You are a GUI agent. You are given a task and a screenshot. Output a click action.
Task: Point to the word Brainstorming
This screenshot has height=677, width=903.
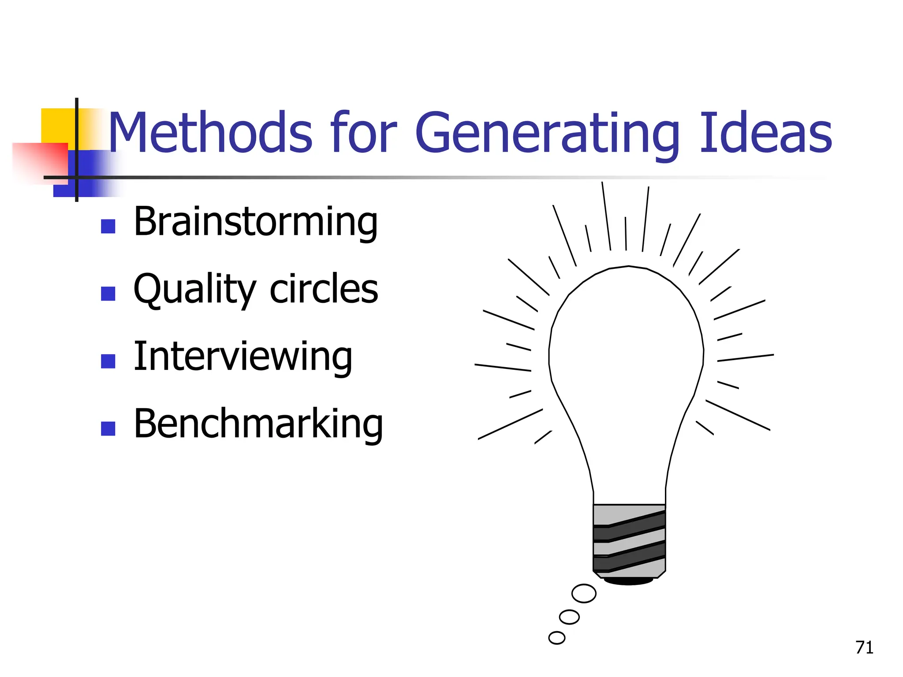[x=256, y=222]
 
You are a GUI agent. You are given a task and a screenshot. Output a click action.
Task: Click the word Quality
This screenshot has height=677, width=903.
[x=194, y=290]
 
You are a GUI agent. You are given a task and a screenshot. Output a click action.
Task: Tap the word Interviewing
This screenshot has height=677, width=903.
[x=243, y=357]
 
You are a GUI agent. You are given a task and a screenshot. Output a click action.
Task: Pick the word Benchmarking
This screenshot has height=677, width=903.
[x=258, y=424]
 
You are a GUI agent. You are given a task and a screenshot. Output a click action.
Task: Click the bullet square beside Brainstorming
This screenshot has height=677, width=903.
[x=108, y=227]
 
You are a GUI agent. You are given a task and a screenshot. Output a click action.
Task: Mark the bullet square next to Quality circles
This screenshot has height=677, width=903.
[x=108, y=294]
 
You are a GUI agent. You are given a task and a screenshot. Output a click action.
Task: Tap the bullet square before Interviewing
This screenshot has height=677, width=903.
[x=108, y=361]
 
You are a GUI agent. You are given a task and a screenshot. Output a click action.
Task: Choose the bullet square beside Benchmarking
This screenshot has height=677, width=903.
[x=108, y=428]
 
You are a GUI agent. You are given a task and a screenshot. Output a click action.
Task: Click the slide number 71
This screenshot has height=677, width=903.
[x=864, y=647]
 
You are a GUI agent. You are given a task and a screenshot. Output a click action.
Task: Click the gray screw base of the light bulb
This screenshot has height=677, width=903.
[x=629, y=540]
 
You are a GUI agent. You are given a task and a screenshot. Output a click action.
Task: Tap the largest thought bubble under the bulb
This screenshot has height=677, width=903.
[x=584, y=593]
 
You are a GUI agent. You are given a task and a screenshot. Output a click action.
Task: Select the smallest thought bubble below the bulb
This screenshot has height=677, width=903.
[x=556, y=638]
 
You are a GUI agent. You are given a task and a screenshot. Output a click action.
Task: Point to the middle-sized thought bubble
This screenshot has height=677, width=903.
[x=569, y=617]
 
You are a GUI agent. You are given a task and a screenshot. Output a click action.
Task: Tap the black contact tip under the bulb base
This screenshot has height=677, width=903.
[x=629, y=581]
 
